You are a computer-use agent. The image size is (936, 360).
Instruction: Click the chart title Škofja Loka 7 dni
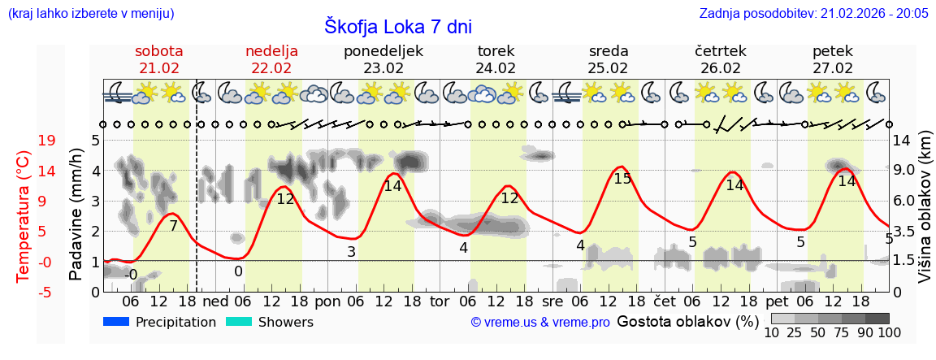point(397,25)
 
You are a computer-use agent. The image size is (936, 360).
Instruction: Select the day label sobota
point(159,51)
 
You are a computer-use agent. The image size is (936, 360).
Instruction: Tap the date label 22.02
point(271,68)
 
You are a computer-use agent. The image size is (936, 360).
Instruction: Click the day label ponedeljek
point(383,51)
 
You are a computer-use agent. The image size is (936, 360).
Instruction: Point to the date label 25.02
point(609,68)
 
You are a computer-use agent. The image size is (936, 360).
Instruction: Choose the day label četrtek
point(721,51)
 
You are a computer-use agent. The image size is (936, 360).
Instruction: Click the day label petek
point(833,51)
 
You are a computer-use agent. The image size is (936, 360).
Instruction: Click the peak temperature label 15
point(622,179)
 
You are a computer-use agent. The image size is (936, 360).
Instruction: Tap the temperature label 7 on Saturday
point(173,226)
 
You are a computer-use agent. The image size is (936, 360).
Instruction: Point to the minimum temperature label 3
point(351,252)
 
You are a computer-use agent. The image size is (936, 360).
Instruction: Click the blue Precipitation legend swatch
point(117,322)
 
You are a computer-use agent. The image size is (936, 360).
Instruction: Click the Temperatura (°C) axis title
point(24,215)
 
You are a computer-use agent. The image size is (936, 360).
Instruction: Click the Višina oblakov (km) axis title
point(925,215)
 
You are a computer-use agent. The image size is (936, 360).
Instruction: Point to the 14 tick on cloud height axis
point(903,141)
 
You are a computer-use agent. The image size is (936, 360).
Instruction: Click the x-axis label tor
point(440,301)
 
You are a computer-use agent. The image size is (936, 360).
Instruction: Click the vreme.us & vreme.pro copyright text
point(540,323)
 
